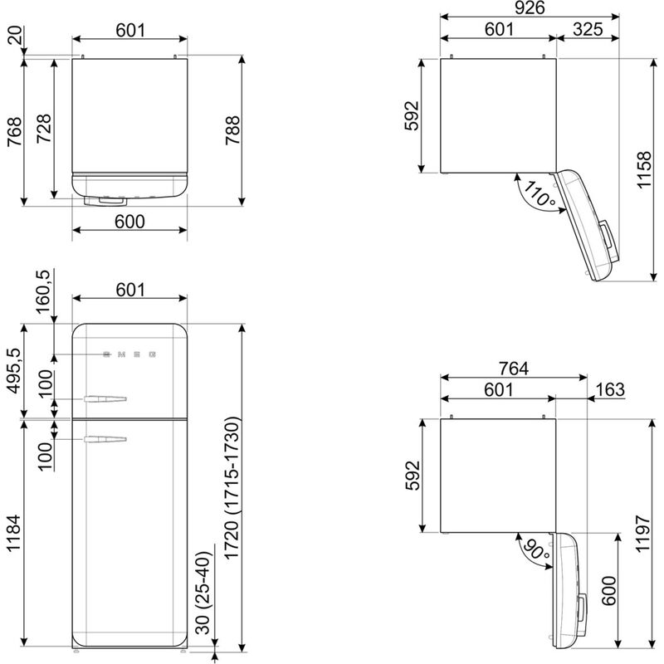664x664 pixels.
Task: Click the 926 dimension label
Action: click(x=530, y=7)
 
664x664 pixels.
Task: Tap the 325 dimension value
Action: click(x=588, y=29)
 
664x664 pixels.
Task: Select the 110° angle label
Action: click(x=539, y=193)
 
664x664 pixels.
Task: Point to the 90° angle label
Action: click(x=536, y=549)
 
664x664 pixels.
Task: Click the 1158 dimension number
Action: click(x=644, y=169)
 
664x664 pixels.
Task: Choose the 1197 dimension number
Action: click(x=642, y=534)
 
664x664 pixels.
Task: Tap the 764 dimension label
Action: click(x=513, y=369)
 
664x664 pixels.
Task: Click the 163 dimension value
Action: click(x=610, y=389)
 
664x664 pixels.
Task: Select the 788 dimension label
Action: click(x=232, y=130)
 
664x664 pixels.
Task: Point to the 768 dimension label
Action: click(x=14, y=132)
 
